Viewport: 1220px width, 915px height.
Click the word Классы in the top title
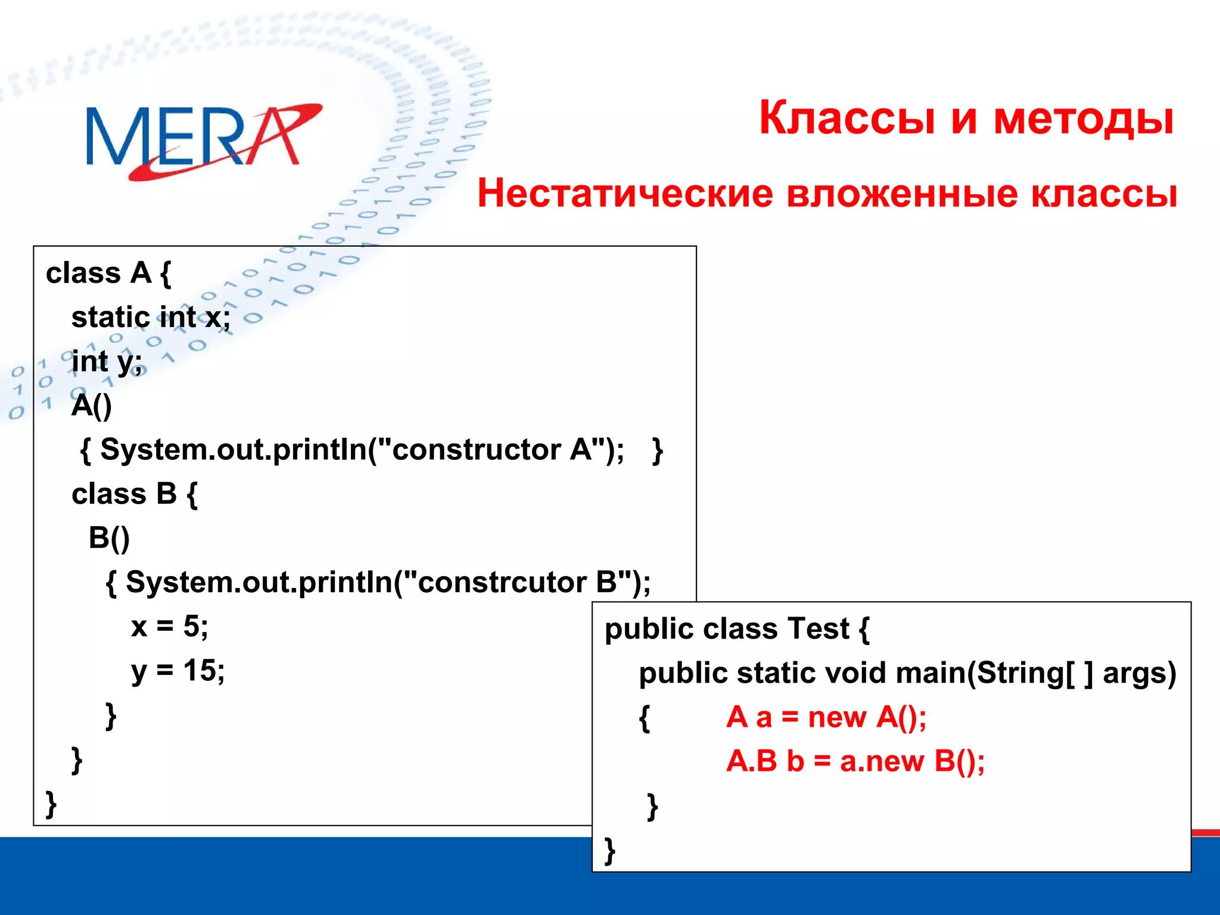[x=846, y=117]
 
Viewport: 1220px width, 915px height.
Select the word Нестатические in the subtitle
[x=625, y=194]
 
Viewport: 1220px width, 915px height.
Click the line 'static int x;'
[x=151, y=317]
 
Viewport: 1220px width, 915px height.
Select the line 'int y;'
[x=107, y=362]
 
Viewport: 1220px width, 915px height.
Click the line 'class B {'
[x=135, y=494]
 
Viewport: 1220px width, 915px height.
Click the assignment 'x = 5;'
[x=170, y=626]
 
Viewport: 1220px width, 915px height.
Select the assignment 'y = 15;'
[x=178, y=670]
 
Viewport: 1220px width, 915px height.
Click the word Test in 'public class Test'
[x=818, y=628]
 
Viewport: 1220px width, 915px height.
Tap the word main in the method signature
[x=930, y=673]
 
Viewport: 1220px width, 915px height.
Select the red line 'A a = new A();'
[x=826, y=717]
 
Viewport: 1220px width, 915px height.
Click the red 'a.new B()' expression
[x=912, y=761]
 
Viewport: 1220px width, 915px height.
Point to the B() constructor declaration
[x=109, y=538]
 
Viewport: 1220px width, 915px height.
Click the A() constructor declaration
[x=92, y=406]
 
